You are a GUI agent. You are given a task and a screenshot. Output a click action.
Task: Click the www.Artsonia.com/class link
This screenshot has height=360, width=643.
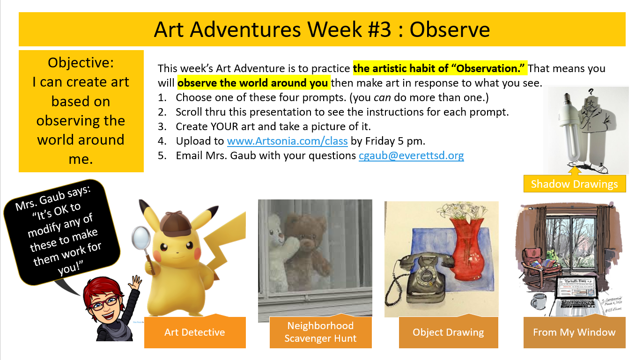point(287,141)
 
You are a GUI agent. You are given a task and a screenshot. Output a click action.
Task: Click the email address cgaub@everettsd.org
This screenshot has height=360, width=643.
point(411,156)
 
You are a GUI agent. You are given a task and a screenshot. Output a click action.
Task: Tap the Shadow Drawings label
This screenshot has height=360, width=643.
point(574,184)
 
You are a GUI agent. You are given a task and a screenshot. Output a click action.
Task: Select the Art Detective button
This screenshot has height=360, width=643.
point(194,332)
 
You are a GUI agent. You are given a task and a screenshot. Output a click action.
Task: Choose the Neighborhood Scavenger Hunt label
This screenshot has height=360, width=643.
point(320,332)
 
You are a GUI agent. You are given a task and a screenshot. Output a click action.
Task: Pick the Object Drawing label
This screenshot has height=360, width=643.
point(448,332)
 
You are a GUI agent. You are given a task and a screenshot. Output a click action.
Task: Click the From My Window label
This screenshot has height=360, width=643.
point(574,332)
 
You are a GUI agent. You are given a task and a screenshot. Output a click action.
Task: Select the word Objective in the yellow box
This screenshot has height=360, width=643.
point(81,62)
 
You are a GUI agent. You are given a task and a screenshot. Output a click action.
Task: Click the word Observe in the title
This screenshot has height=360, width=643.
point(450,29)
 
